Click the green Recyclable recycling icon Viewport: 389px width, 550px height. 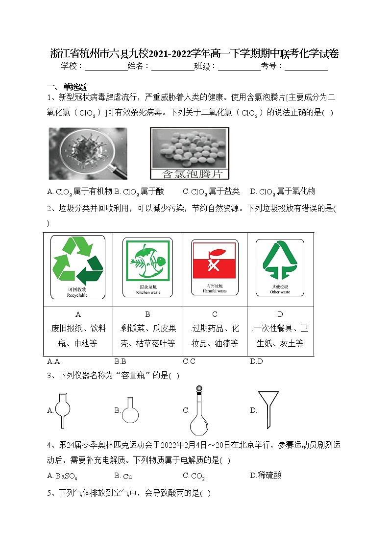pyautogui.click(x=77, y=261)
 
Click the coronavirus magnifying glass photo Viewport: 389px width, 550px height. pyautogui.click(x=88, y=153)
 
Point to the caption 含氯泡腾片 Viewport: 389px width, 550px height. pyautogui.click(x=189, y=173)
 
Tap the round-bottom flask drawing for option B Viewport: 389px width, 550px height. pyautogui.click(x=130, y=410)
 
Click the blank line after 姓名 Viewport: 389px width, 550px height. pyautogui.click(x=172, y=67)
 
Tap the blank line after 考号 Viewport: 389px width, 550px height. pyautogui.click(x=306, y=67)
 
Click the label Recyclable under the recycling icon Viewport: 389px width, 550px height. pyautogui.click(x=77, y=296)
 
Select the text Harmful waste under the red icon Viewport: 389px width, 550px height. pyautogui.click(x=215, y=291)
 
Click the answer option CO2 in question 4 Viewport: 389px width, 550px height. pyautogui.click(x=194, y=476)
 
